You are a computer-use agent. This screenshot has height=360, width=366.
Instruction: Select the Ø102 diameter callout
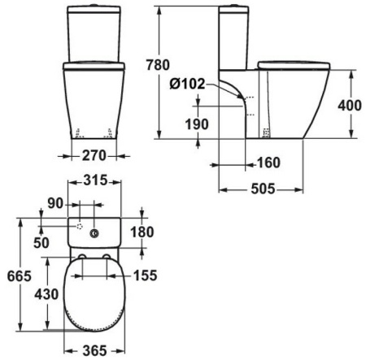tap(189, 84)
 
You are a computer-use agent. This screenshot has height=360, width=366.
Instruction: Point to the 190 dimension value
tap(197, 124)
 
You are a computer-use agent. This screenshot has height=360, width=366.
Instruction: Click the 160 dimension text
tap(268, 163)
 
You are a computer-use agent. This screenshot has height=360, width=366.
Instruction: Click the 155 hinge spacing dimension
tap(144, 275)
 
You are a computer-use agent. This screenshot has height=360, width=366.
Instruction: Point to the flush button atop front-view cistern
tap(94, 7)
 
